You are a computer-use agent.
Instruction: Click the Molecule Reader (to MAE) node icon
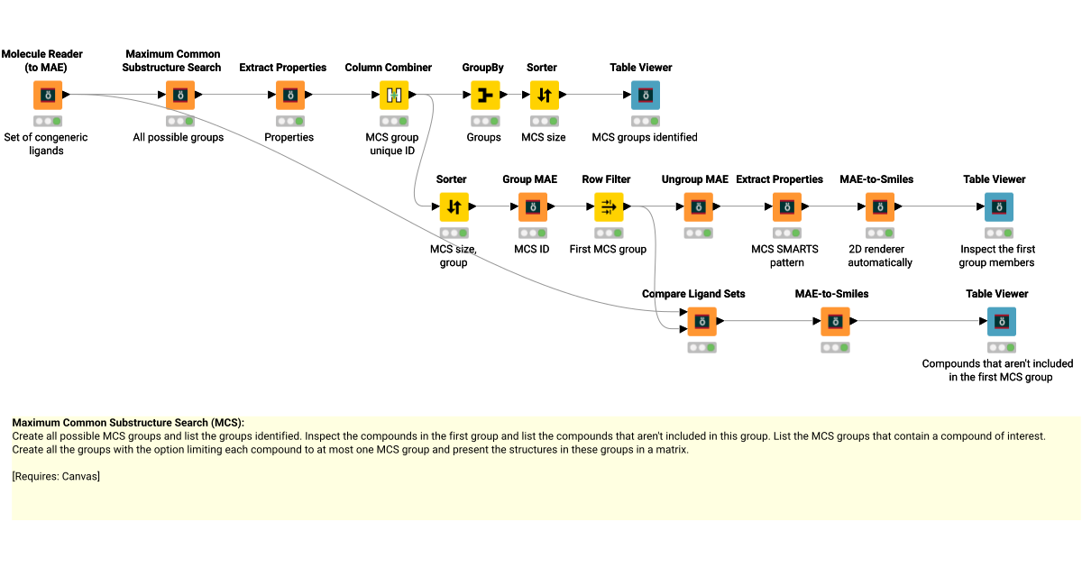tap(47, 95)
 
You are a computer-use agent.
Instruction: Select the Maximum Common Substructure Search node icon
tap(179, 95)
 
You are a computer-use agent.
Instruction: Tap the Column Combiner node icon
tap(393, 95)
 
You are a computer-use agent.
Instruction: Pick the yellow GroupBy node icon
tap(484, 95)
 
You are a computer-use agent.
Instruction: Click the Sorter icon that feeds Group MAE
tap(454, 207)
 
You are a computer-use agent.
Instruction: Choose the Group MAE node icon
tap(533, 207)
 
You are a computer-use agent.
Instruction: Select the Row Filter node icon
tap(609, 207)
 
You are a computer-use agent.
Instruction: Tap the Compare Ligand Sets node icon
tap(701, 321)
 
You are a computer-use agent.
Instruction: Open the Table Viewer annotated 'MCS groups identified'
tap(645, 95)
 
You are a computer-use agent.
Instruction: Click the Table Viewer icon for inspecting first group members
tap(998, 207)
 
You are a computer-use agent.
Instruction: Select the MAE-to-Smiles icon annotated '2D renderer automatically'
tap(880, 207)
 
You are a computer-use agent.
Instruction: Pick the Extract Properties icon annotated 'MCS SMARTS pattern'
tap(786, 207)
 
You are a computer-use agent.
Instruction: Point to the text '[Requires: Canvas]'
tap(56, 476)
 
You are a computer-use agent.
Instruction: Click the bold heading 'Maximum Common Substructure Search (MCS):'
tap(128, 423)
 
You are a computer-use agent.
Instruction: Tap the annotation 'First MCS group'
tap(608, 250)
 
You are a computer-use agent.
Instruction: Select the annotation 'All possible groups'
tap(179, 138)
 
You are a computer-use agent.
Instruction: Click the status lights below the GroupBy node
tap(484, 121)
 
